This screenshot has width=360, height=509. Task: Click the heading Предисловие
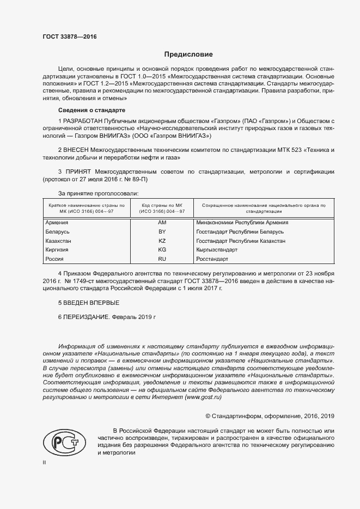tap(188, 54)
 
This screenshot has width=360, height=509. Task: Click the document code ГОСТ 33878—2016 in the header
tap(69, 36)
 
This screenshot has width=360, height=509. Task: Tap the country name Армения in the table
tap(58, 223)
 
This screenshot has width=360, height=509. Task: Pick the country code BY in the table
tap(162, 231)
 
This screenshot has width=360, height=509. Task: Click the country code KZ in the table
tap(162, 241)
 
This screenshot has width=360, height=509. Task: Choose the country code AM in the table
tap(162, 223)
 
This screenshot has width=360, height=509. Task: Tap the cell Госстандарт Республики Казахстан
tap(240, 241)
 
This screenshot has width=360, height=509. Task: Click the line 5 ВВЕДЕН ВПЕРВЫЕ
tap(88, 302)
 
